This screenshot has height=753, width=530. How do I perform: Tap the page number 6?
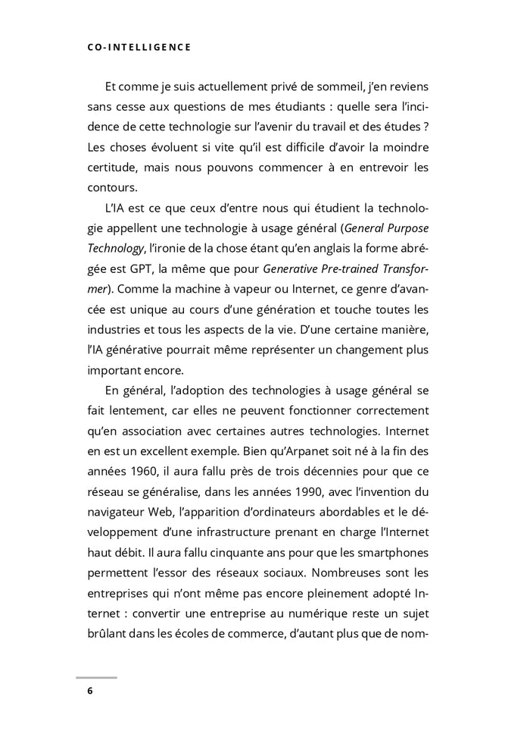click(x=90, y=691)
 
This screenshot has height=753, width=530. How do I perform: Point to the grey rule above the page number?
click(x=96, y=678)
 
